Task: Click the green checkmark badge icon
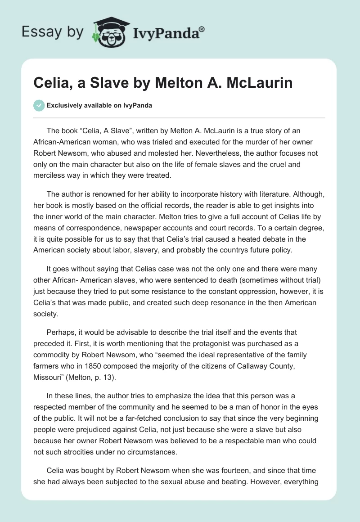[39, 105]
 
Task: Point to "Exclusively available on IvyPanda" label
[99, 105]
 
